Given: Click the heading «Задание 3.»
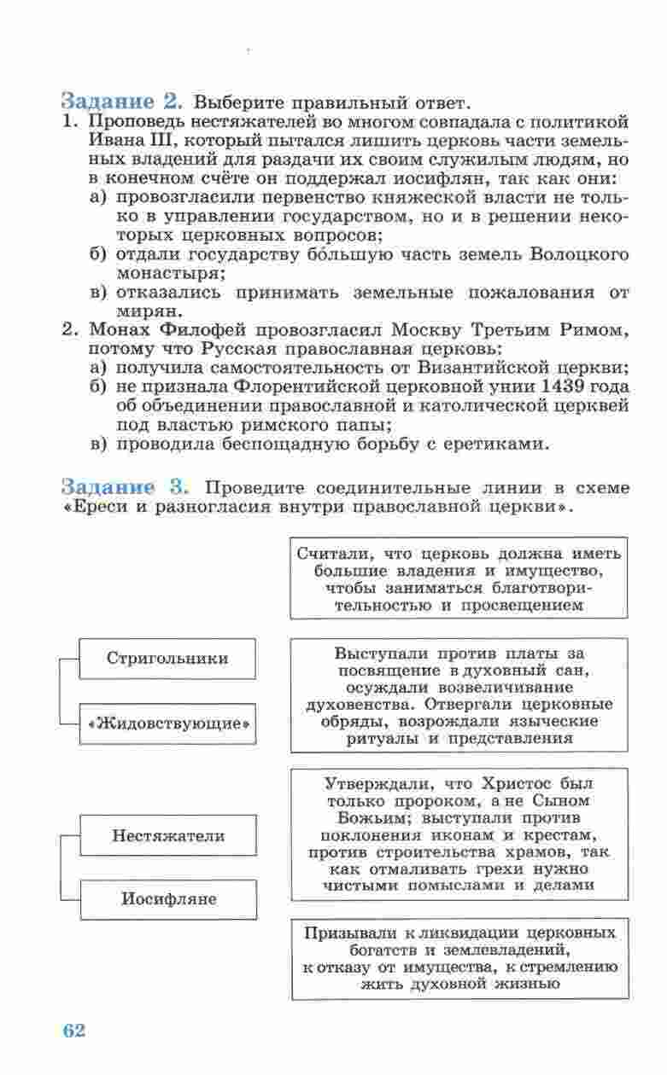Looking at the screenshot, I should (x=124, y=488).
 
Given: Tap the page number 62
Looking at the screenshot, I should (x=74, y=1030).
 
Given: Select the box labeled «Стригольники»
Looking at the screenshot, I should (x=167, y=659).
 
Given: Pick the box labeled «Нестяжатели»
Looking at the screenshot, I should (x=167, y=836).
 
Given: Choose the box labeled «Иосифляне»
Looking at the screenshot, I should (x=167, y=899).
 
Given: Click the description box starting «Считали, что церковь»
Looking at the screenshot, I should (x=459, y=578).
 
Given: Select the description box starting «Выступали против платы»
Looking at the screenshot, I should (x=459, y=695).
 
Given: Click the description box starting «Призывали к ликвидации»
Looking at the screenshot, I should (x=459, y=957).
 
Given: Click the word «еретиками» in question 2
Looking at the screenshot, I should (x=497, y=444).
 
